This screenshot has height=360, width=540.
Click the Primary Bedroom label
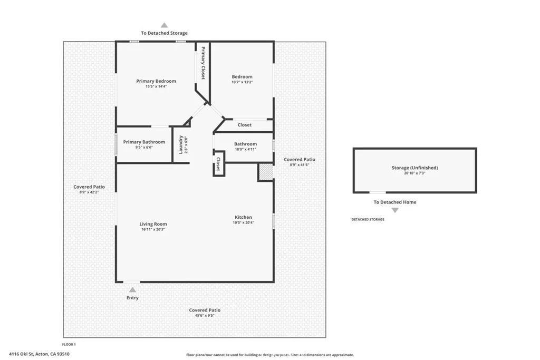[x=156, y=81]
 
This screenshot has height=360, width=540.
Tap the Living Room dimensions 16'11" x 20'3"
[x=153, y=230]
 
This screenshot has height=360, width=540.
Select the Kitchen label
[x=243, y=217]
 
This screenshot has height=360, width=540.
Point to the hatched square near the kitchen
[x=265, y=172]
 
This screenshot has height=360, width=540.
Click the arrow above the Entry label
[x=132, y=290]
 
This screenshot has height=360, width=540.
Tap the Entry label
[x=132, y=298]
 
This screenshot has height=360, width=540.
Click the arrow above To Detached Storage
[x=165, y=25]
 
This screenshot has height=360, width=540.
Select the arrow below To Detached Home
[x=395, y=210]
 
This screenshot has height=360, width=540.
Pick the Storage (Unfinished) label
[x=414, y=168]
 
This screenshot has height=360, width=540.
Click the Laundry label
[x=180, y=144]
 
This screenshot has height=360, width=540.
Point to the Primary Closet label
[x=203, y=63]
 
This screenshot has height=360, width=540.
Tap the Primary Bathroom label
[x=144, y=142]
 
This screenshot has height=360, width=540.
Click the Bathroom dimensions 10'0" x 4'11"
[x=246, y=149]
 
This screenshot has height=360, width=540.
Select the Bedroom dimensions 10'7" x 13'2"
[x=242, y=82]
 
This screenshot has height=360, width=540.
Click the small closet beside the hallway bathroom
[x=219, y=164]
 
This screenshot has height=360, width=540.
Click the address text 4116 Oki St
[x=21, y=354]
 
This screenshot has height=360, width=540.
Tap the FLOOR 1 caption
[x=69, y=345]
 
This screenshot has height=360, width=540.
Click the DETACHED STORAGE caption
[x=368, y=220]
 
